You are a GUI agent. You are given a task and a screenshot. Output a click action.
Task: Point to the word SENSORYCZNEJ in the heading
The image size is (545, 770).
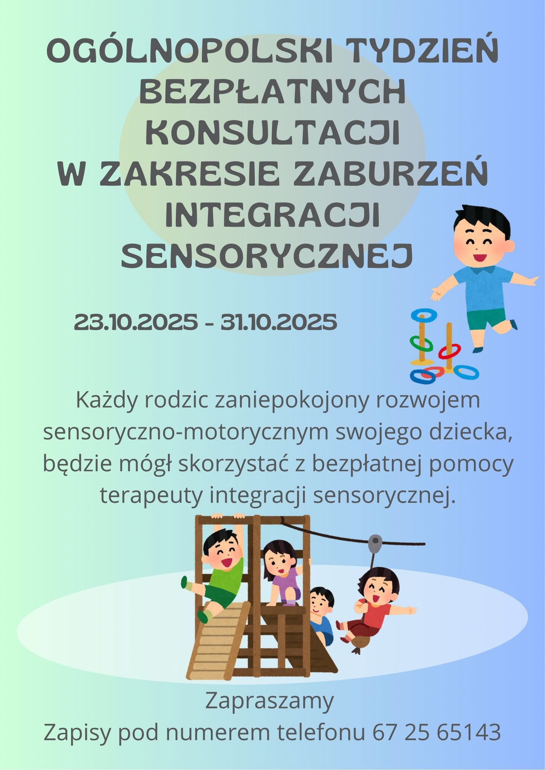coord(267,255)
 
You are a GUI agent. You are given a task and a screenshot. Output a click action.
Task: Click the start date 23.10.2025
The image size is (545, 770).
coord(136,322)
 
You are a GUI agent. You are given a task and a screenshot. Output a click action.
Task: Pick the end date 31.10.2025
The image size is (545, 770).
coord(279,322)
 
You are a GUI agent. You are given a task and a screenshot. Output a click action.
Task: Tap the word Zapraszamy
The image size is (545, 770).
coord(269,702)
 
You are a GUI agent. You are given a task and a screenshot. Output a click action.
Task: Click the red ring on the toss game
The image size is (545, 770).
coord(449,352)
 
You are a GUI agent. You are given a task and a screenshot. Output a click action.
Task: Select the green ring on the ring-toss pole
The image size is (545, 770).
coord(421,342)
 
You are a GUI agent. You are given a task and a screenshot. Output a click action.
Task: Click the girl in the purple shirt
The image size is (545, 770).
coord(283,574)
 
